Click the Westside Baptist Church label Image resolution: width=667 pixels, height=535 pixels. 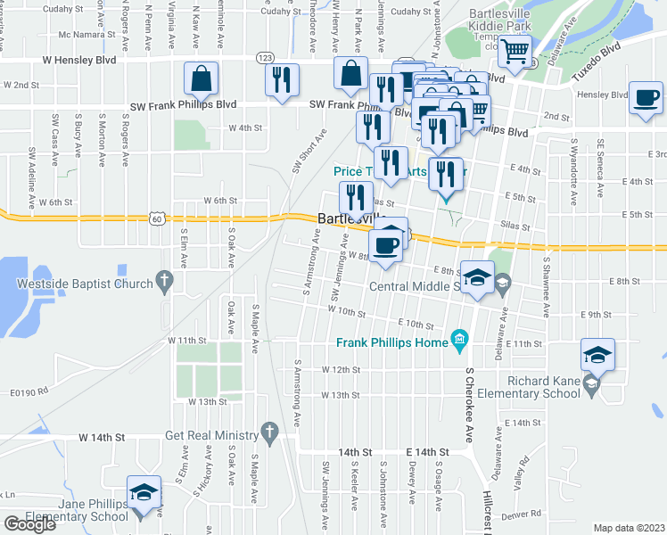(x=85, y=285)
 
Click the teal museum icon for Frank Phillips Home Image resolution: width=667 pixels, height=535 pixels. (x=459, y=339)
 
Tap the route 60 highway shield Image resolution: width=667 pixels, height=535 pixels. (x=158, y=218)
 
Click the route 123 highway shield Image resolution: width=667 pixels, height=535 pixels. (x=266, y=56)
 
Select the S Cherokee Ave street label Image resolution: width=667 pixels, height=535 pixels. (x=467, y=407)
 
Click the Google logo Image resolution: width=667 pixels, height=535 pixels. (x=29, y=524)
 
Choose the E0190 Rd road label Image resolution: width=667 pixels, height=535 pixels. (x=28, y=391)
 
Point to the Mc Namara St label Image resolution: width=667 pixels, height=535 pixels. (x=84, y=35)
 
